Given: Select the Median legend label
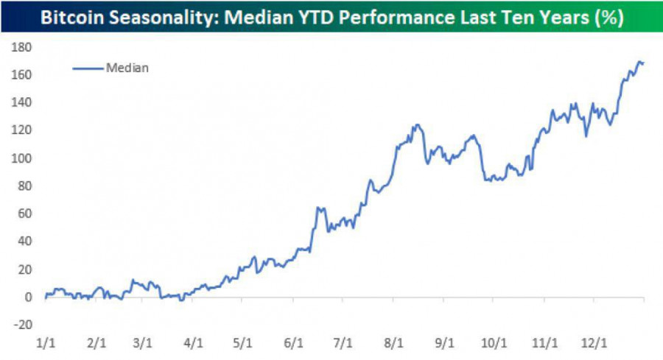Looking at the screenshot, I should pos(128,68).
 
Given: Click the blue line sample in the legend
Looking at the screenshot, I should pos(88,68).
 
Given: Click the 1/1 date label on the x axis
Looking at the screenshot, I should pos(45,342).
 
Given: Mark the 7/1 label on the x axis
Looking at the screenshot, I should pos(343,342).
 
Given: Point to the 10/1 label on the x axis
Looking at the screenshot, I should pos(493,342).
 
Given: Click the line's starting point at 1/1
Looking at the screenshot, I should pos(45,297).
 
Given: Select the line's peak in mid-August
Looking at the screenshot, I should pos(418,124).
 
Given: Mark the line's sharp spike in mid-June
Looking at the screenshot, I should pos(318,208).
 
